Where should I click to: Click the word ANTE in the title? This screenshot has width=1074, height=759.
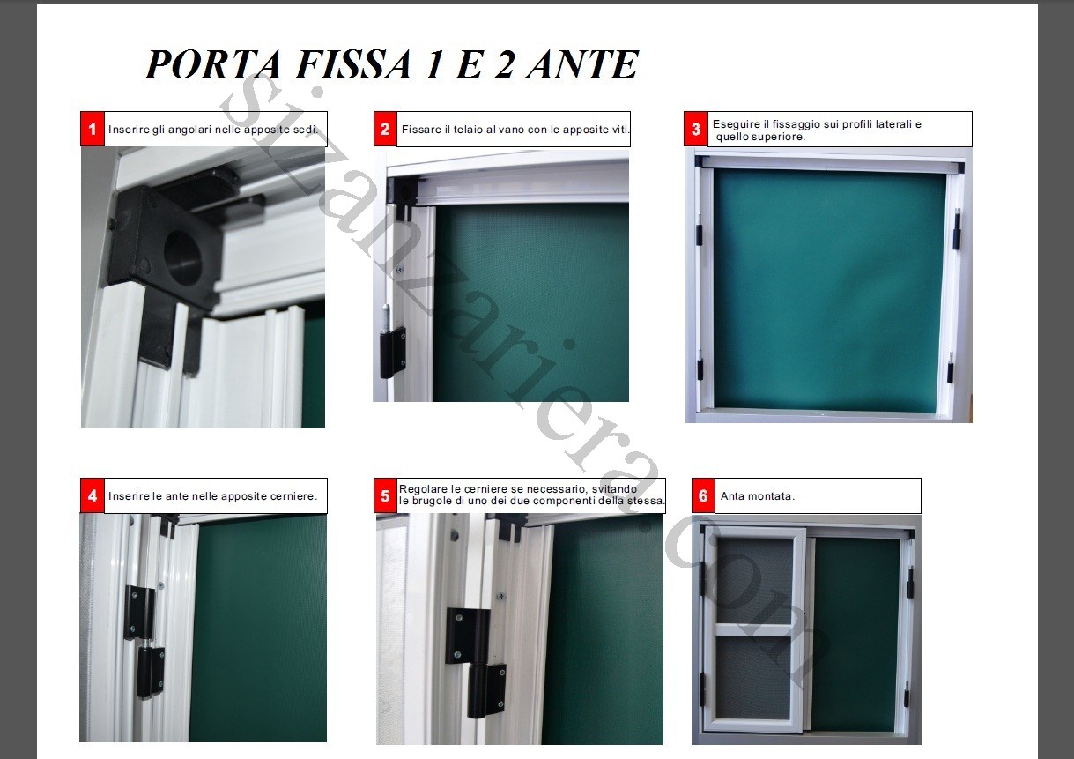coord(581,64)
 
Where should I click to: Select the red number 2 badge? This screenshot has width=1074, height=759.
coord(385,130)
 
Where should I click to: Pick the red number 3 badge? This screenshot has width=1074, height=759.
coord(696,130)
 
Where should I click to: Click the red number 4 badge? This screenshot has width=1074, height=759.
coord(93,496)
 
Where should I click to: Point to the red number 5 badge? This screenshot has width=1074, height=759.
coord(385,496)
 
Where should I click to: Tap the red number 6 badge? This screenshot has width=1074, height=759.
coord(703,496)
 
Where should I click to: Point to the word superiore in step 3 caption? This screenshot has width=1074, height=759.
coord(779,137)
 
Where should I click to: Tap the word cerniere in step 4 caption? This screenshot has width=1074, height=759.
coord(288,496)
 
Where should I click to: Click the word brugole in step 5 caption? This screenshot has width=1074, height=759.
coord(438,501)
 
